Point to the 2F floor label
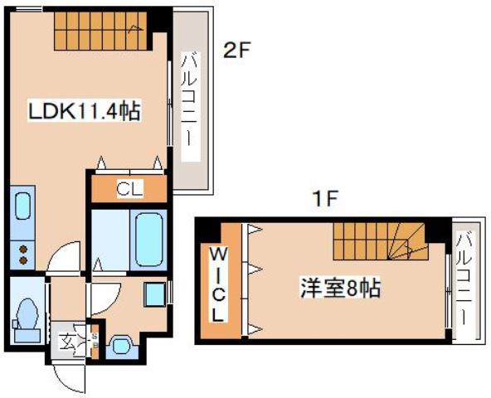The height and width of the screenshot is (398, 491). pos(236,50)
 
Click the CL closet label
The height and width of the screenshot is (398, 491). pos(129,190)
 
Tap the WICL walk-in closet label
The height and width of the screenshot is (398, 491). pos(218,283)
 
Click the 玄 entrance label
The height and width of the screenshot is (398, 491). pos(66,340)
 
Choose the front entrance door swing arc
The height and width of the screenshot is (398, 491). pos(68,377)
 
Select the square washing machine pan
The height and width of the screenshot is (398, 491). pos(153,294)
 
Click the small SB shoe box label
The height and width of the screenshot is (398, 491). pos(94,340)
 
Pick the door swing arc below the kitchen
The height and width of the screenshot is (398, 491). pos(63,260)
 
